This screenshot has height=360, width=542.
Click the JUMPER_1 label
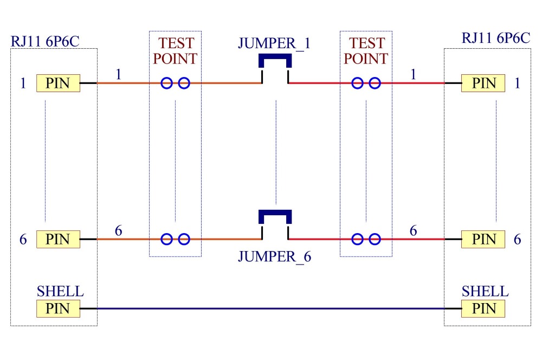click(x=274, y=43)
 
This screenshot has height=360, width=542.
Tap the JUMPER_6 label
click(x=274, y=256)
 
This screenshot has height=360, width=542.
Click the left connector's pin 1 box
click(x=58, y=83)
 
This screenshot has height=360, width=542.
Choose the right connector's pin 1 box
click(x=483, y=83)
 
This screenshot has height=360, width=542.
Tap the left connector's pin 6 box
click(x=58, y=239)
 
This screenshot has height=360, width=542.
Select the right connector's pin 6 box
click(x=483, y=239)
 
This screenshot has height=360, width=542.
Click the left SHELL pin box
click(x=58, y=308)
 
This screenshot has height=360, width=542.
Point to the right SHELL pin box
click(x=483, y=308)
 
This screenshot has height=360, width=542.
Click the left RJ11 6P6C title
click(x=45, y=42)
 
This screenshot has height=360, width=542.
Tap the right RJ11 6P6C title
click(x=496, y=38)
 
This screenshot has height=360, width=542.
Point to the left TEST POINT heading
click(x=175, y=51)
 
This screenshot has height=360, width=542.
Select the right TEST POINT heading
click(x=366, y=51)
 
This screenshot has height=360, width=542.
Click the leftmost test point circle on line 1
click(x=166, y=83)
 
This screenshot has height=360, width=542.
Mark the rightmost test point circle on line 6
click(x=375, y=239)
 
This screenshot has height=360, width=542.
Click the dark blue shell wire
click(x=270, y=308)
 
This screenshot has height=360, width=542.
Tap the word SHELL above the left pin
click(x=60, y=292)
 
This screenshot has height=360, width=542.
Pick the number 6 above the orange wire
click(x=119, y=230)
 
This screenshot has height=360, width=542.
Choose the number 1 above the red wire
click(x=413, y=74)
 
